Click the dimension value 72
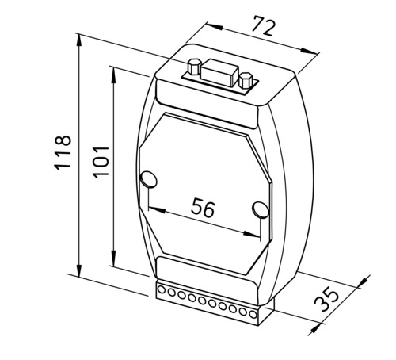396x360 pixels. tap(264, 26)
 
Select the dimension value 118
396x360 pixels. tap(63, 152)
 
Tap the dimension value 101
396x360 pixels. tap(101, 162)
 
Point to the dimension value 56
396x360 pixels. tap(203, 208)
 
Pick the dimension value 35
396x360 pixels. tap(326, 301)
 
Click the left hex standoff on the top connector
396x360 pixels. tap(194, 66)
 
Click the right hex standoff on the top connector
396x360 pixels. tap(246, 80)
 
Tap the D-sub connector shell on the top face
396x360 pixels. tap(219, 73)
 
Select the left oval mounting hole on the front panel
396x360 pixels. tap(149, 179)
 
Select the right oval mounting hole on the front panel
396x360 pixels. tap(261, 209)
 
